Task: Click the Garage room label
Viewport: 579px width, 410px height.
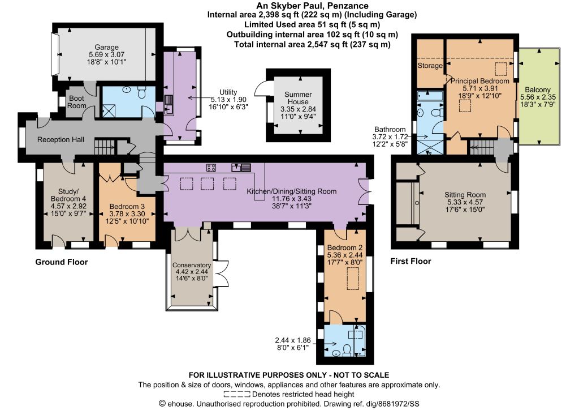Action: (x=106, y=48)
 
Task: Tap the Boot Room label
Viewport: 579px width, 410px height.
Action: (x=77, y=102)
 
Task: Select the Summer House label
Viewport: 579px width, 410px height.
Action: (x=298, y=98)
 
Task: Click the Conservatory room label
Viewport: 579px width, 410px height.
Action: (x=192, y=265)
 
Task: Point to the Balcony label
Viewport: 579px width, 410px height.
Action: (x=538, y=90)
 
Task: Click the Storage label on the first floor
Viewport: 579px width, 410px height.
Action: (x=430, y=66)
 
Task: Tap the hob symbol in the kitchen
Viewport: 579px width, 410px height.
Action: (x=211, y=168)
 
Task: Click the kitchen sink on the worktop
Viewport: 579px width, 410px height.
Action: (x=241, y=168)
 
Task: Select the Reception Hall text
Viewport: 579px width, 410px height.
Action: (x=61, y=140)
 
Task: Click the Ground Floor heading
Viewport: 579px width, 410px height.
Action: (x=62, y=262)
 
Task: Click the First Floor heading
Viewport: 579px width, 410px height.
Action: (x=411, y=262)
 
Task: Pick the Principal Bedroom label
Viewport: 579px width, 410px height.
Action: (x=479, y=81)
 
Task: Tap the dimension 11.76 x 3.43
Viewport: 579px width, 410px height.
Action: (x=291, y=199)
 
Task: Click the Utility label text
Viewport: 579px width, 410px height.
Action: (x=228, y=92)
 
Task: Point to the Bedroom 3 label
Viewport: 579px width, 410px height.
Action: (x=127, y=207)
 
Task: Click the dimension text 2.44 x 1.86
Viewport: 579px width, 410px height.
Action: (x=293, y=340)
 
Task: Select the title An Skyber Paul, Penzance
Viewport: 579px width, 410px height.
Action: (x=312, y=6)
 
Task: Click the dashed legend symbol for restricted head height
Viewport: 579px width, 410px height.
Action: (x=237, y=394)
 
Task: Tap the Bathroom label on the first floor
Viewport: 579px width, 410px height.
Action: (x=390, y=129)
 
